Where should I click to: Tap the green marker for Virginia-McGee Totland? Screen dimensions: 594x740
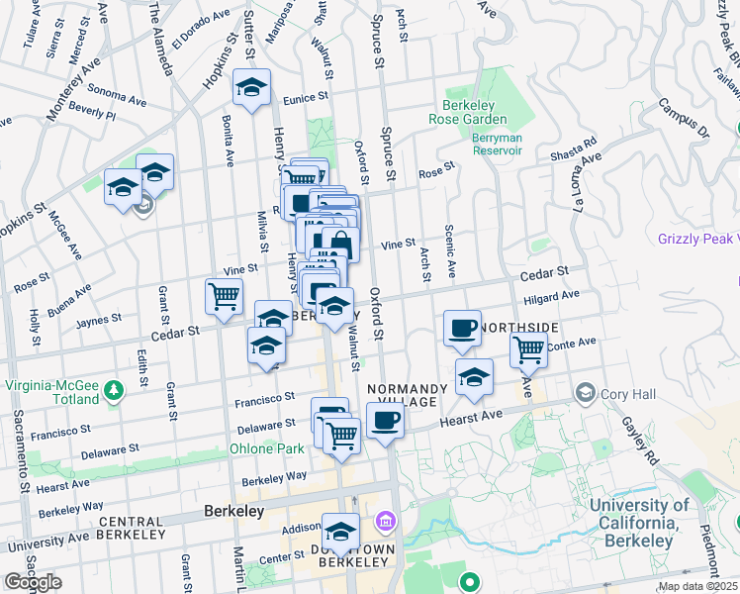118,387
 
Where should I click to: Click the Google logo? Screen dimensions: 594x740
33,582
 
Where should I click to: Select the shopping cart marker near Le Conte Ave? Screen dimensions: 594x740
529,348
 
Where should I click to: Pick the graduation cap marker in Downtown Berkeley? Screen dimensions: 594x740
341,534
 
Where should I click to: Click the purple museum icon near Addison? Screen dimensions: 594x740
385,521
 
